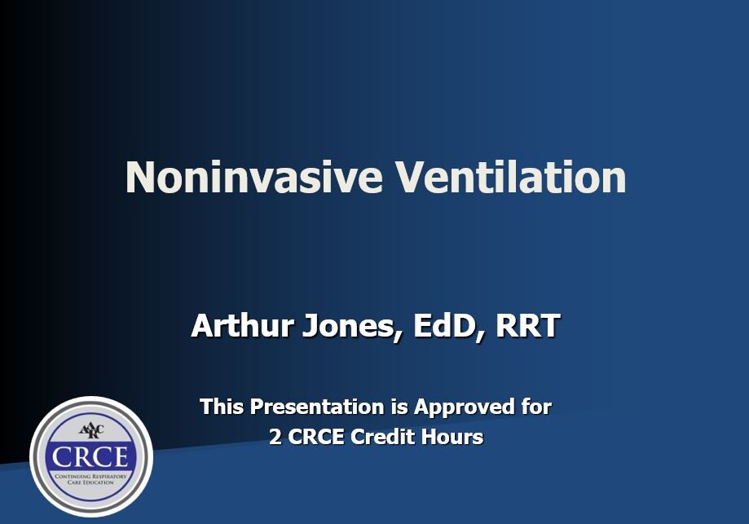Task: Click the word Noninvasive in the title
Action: [x=253, y=177]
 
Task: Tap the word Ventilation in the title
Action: [x=511, y=177]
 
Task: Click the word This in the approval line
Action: [x=222, y=406]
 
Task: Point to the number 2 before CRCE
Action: [x=275, y=437]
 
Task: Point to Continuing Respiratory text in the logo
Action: [x=90, y=475]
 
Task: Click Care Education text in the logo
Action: [x=90, y=482]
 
